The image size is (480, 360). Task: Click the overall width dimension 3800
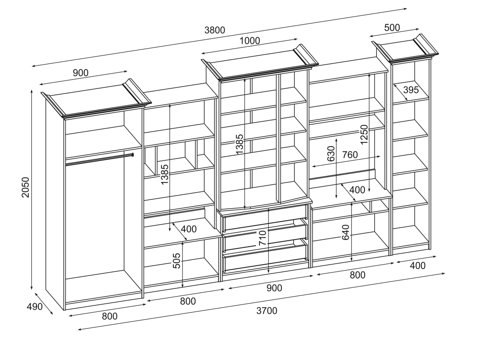coord(215,30)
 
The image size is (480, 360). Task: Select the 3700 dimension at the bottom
coord(267,311)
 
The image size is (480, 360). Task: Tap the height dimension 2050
coord(25,188)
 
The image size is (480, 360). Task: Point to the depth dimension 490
coord(35,306)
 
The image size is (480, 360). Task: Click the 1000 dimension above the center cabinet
coord(250,41)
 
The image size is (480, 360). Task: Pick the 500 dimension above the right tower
coord(392,28)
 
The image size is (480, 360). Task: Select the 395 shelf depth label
coord(411,90)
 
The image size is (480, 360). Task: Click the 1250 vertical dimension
coord(364,135)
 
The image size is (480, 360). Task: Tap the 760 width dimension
coord(350,155)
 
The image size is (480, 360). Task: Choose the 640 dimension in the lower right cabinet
coord(346,232)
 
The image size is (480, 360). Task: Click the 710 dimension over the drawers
coord(263,238)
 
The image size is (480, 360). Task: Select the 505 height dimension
coord(177,261)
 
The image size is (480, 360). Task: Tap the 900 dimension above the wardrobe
coord(81,73)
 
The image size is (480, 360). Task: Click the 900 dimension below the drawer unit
coord(274,288)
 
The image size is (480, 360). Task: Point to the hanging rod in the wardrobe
coord(99,159)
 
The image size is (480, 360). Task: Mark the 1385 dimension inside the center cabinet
coord(239,144)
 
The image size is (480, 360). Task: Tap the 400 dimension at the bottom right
coord(417,265)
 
